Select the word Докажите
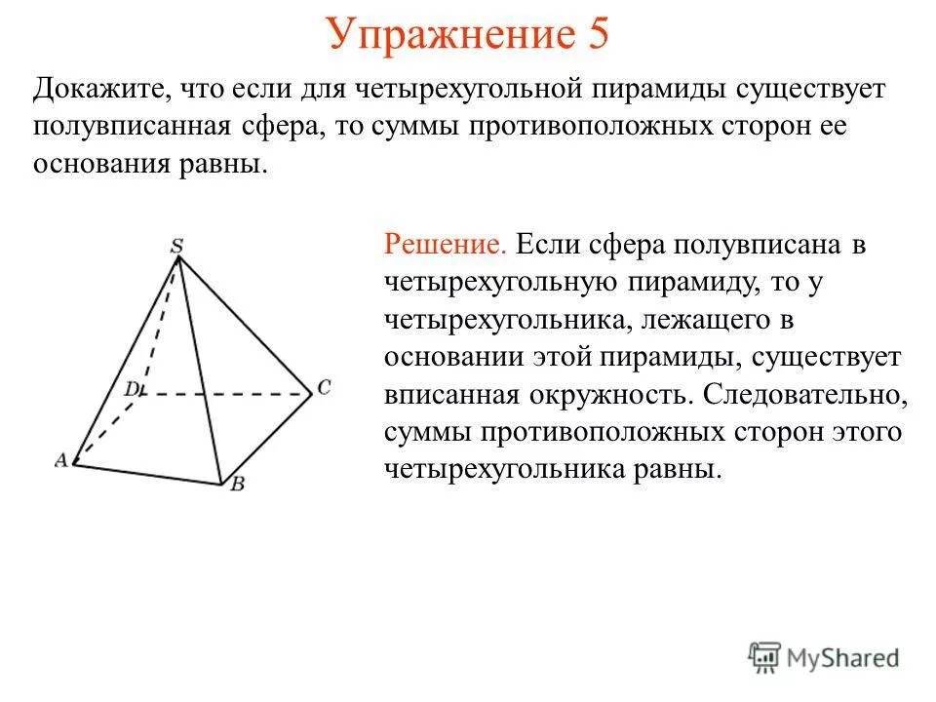[x=97, y=91]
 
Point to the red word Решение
[x=445, y=244]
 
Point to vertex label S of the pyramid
[x=176, y=245]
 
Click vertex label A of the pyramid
[x=60, y=459]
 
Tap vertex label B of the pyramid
[x=236, y=483]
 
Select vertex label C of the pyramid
[x=325, y=387]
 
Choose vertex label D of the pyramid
[x=130, y=388]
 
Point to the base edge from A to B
[x=146, y=472]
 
